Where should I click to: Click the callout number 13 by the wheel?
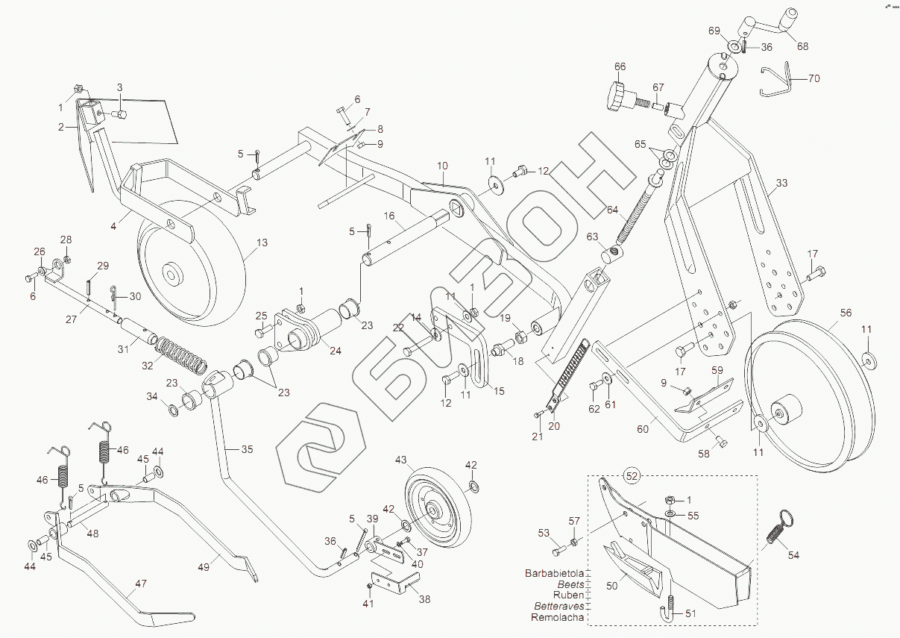pos(262,243)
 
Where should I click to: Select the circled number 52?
pos(632,476)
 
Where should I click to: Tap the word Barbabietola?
pos(554,573)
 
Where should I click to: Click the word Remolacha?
pos(557,617)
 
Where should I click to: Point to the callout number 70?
pos(814,78)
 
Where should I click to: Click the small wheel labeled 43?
pos(437,512)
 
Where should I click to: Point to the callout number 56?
pos(846,313)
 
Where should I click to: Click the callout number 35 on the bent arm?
pos(247,449)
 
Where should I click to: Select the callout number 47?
pos(141,584)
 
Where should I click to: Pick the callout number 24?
pos(336,351)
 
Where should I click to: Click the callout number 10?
pos(442,166)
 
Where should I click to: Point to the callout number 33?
pos(781,183)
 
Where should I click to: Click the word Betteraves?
pos(559,606)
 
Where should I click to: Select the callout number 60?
pos(643,429)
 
